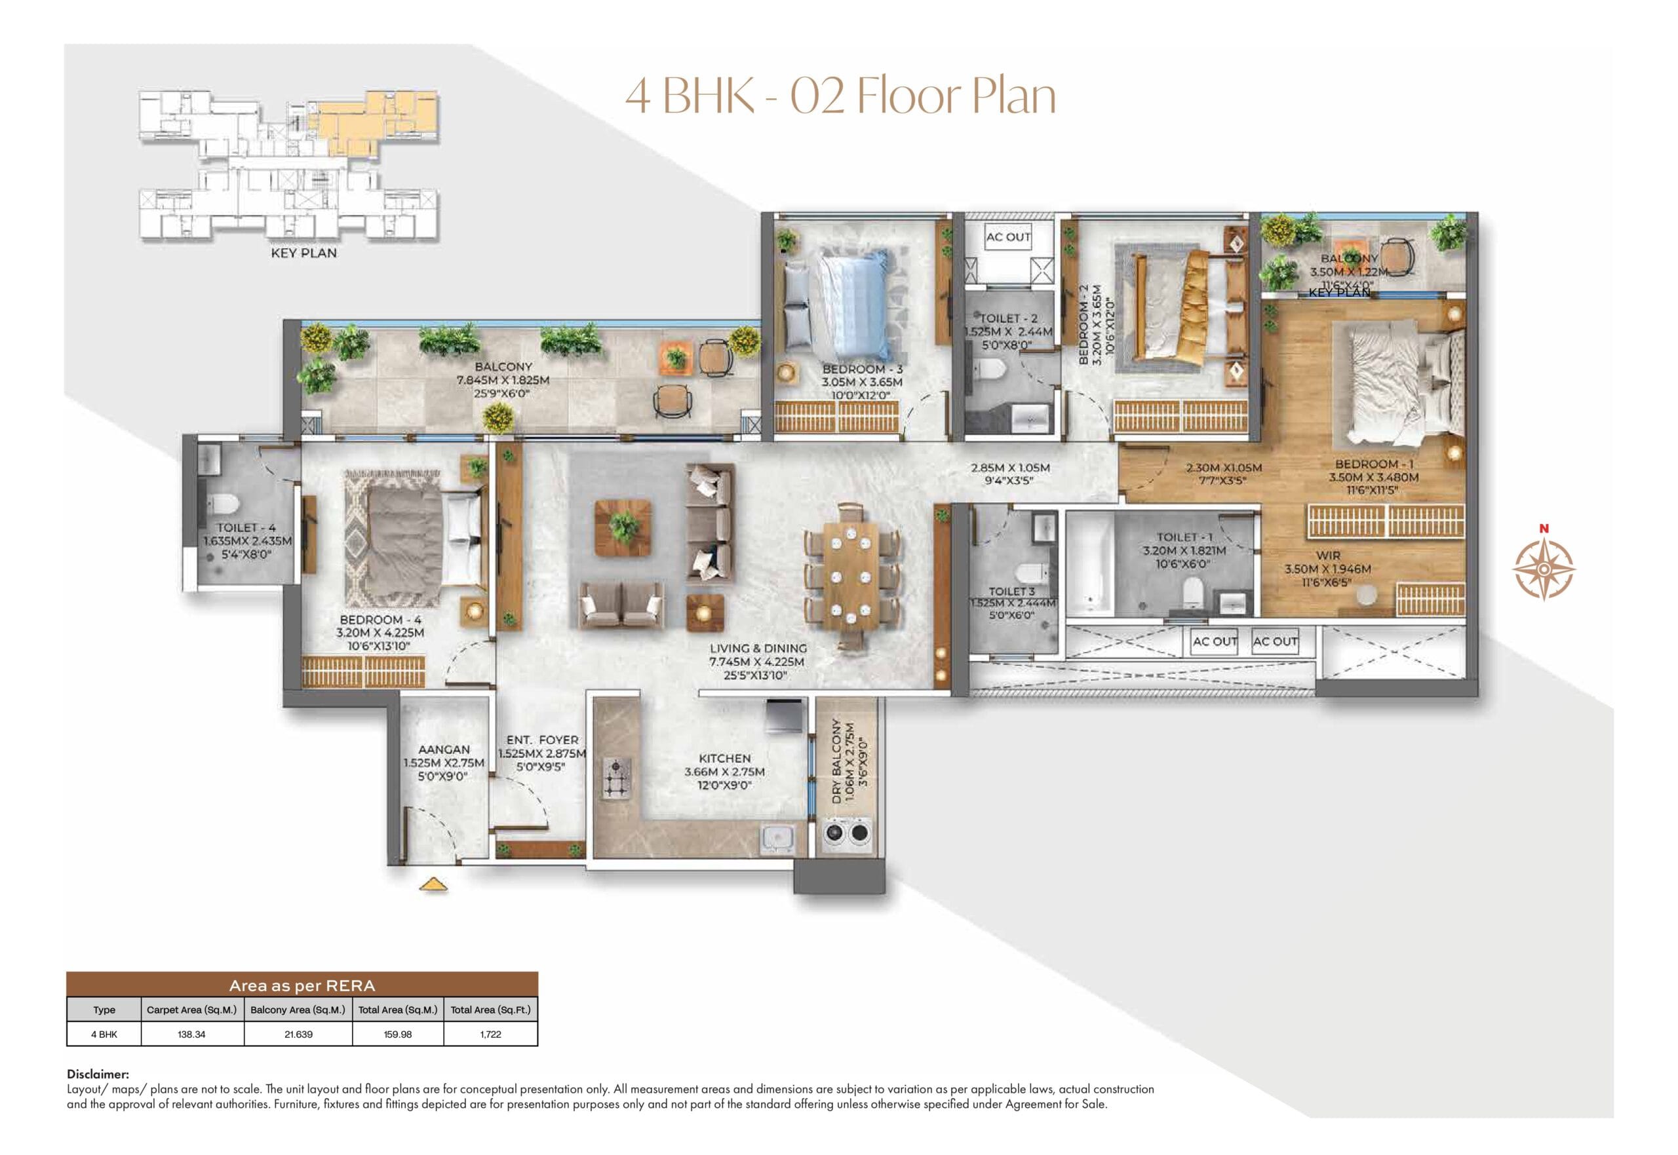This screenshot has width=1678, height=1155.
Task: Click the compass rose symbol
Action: point(1544,568)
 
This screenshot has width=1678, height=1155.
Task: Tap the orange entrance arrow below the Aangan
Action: point(433,884)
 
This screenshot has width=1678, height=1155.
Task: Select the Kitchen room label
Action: point(725,759)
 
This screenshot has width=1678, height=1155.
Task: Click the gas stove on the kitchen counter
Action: point(616,779)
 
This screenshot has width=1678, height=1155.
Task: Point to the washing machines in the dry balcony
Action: point(846,832)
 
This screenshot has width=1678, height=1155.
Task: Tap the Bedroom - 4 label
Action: point(380,620)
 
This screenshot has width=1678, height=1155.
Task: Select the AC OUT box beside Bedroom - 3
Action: point(1007,237)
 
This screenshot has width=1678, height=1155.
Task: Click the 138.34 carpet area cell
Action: point(192,1034)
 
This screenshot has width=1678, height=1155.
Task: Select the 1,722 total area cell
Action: point(490,1034)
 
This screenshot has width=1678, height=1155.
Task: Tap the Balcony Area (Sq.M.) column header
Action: point(298,1010)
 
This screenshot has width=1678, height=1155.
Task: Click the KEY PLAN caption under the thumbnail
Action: point(303,254)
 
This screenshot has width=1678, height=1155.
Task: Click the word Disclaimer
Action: point(98,1074)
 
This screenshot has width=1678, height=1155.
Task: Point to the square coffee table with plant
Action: point(623,526)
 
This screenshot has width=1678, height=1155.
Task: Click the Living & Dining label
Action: point(758,649)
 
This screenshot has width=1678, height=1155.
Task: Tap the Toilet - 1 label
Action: point(1184,537)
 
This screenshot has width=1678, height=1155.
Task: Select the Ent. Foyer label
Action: point(542,740)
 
